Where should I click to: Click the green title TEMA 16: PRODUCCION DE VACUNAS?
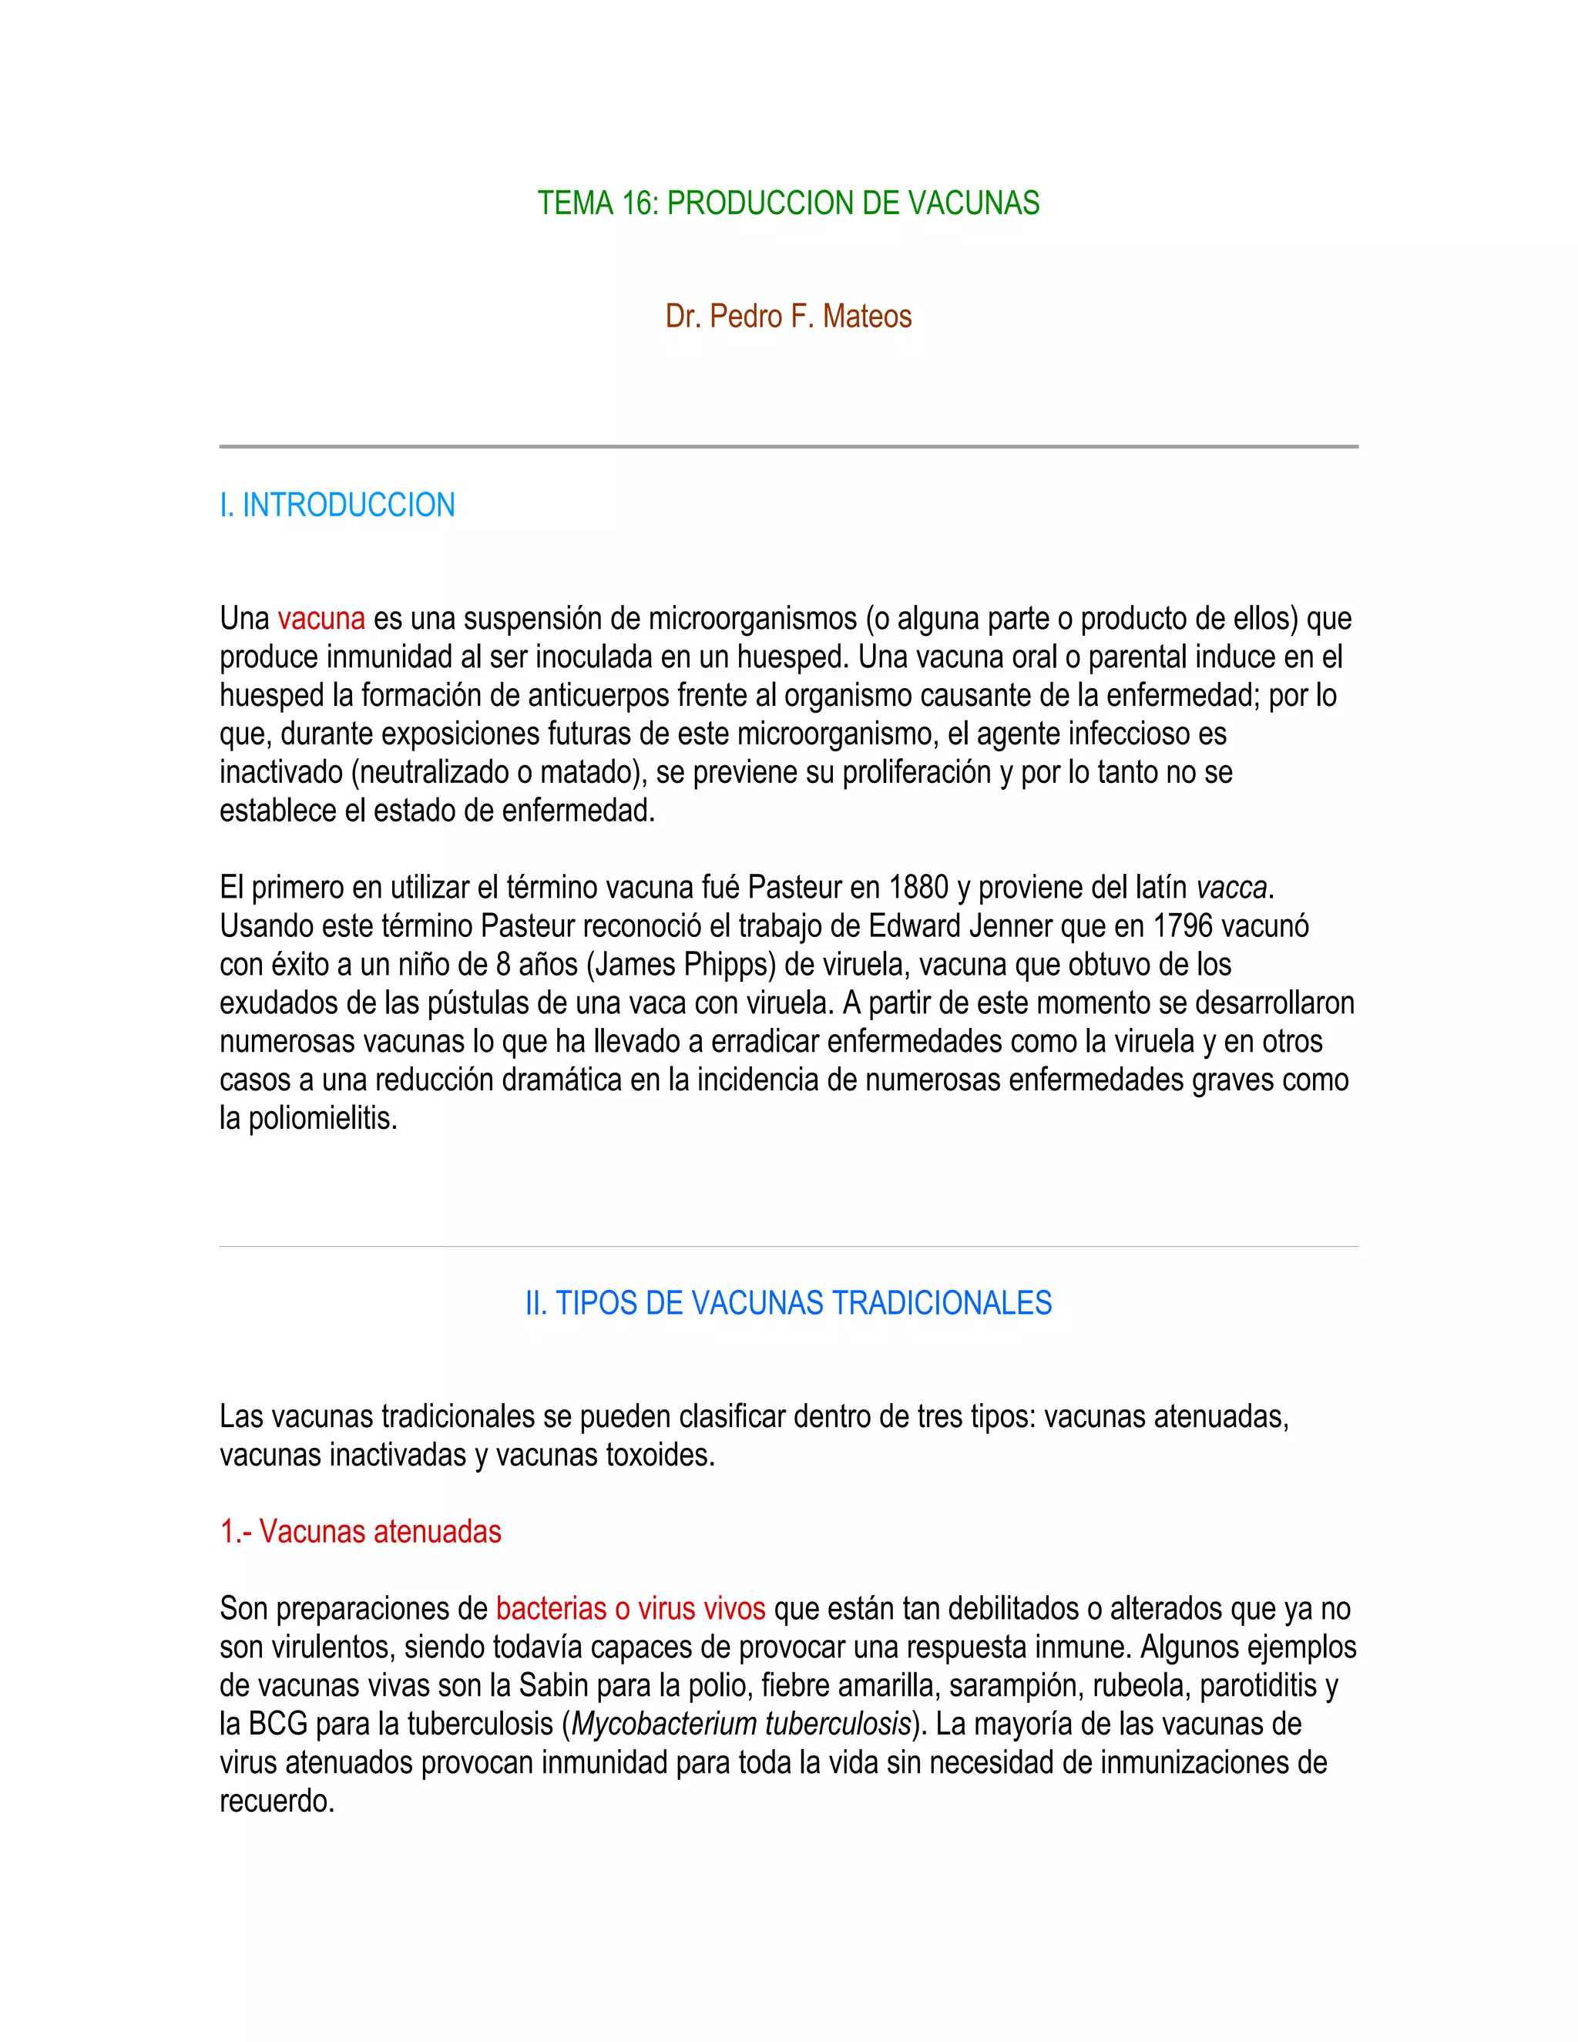(788, 203)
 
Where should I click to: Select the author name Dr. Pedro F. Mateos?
(788, 316)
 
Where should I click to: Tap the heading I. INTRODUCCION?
(337, 505)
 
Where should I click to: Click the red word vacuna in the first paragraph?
(321, 618)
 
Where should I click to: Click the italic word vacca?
(1231, 886)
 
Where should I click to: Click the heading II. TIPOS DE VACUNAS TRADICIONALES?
(788, 1303)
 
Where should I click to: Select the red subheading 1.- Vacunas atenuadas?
(361, 1532)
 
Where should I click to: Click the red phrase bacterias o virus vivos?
(631, 1608)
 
